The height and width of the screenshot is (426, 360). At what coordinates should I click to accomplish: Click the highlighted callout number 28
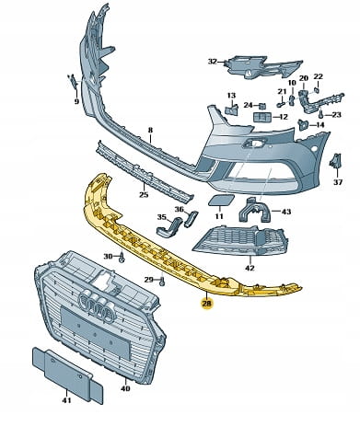pos(207,304)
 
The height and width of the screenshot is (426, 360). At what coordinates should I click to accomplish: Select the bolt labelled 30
pos(122,257)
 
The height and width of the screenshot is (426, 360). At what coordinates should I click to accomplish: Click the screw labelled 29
pos(162,281)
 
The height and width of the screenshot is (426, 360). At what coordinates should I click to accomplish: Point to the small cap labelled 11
pos(221,201)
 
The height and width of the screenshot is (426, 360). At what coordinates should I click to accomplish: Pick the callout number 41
pos(66,400)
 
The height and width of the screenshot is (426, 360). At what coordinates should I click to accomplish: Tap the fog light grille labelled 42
pos(241,240)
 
